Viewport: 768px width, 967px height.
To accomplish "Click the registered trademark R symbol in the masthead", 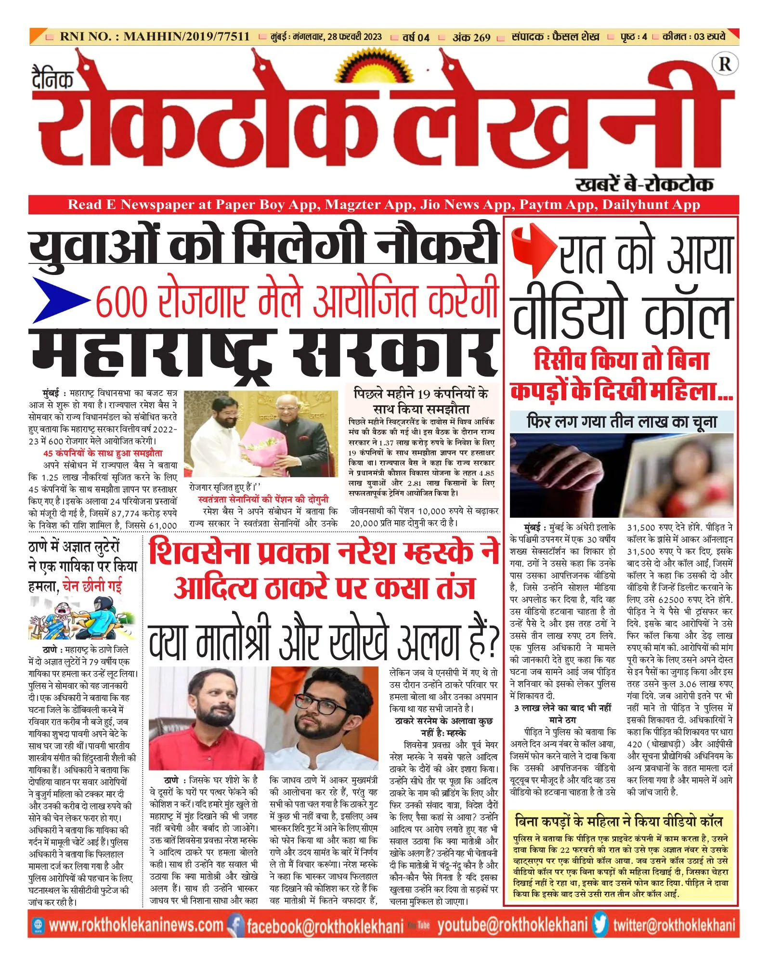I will [x=725, y=65].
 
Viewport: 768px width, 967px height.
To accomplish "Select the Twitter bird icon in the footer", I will [x=600, y=925].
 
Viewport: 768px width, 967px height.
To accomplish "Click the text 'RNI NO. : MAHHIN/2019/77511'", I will [x=155, y=37].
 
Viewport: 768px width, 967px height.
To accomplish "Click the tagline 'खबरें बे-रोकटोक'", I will [x=644, y=184].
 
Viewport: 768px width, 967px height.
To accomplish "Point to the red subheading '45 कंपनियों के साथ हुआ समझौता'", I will [x=103, y=453].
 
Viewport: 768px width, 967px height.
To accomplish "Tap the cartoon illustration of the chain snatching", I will [x=82, y=618].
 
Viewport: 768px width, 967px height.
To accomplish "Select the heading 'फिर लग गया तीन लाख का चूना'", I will [x=622, y=422].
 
